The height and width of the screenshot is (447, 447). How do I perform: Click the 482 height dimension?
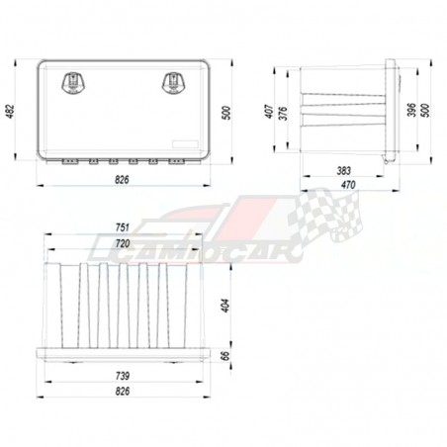pos(10,112)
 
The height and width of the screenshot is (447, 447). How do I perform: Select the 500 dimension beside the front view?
pos(226,113)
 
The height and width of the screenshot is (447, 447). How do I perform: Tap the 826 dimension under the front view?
pos(122,180)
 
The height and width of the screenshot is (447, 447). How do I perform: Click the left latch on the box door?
pos(73,83)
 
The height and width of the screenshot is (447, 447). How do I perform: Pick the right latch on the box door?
pos(173,83)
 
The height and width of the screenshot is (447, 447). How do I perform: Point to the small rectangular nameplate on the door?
pos(185,144)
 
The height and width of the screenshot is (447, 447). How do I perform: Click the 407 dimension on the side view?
pos(269,112)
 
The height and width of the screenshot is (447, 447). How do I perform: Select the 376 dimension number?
pos(283,113)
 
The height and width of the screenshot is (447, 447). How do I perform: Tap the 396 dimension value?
pos(411,110)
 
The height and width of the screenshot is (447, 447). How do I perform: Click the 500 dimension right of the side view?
pos(425,110)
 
